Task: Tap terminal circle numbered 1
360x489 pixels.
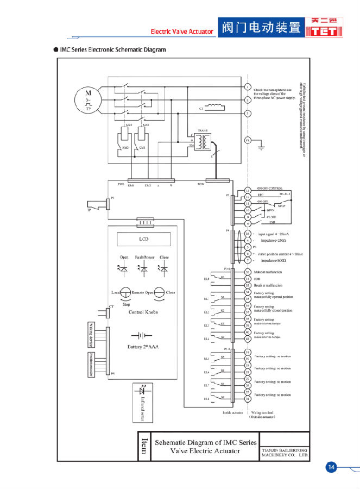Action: [248, 87]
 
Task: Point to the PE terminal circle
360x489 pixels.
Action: [248, 140]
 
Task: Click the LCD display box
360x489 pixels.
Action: [144, 239]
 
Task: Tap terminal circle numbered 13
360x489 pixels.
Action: [248, 190]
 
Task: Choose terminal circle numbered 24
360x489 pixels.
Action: [248, 398]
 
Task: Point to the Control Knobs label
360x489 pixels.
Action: [143, 312]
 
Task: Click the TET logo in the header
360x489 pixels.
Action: [324, 27]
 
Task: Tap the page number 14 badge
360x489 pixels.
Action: [331, 467]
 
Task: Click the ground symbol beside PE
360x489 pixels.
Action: [261, 143]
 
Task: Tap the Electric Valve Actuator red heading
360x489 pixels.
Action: [182, 32]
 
